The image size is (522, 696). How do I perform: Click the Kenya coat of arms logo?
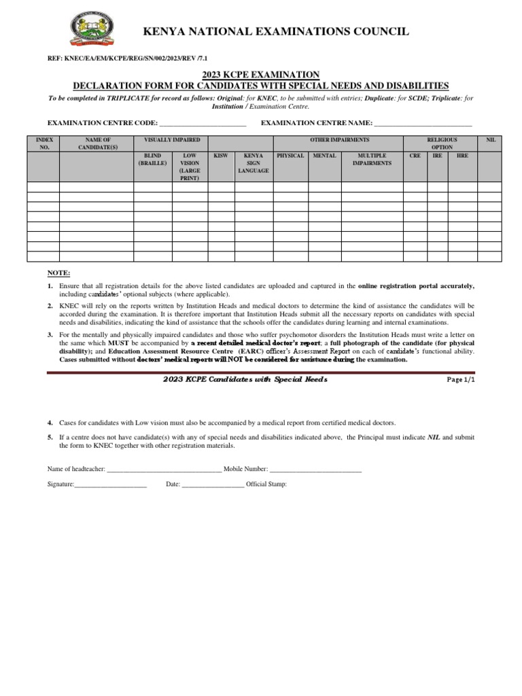coord(92,31)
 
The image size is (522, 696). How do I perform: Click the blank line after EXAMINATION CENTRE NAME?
coord(423,124)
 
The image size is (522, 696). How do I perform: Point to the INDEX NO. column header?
coord(43,143)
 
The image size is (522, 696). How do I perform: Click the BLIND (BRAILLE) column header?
coord(152,160)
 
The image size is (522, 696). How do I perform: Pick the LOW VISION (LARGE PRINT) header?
coord(190,167)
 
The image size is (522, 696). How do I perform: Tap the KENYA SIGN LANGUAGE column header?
coord(254,163)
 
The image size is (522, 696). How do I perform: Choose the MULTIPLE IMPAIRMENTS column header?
coord(372,160)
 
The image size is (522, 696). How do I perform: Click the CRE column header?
coord(415,156)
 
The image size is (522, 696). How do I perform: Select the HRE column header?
coord(462,156)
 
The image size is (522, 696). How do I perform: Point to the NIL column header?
coord(491,139)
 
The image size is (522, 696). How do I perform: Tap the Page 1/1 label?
coord(461,380)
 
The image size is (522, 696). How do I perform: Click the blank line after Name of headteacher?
coord(164,470)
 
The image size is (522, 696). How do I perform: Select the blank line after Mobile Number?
coord(316,470)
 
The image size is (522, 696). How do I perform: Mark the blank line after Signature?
coord(111,485)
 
